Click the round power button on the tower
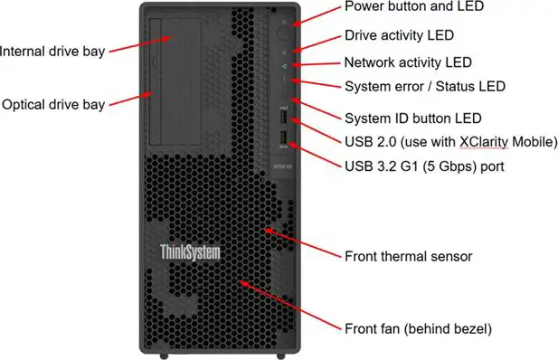click(x=283, y=33)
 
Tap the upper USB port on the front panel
click(x=283, y=117)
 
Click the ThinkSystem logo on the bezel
click(x=190, y=252)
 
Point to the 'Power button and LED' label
click(x=414, y=6)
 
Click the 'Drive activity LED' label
click(x=400, y=35)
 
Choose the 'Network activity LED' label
click(x=408, y=62)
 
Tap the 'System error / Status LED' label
click(x=425, y=87)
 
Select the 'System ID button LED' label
click(x=413, y=118)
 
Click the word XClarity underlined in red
click(x=484, y=142)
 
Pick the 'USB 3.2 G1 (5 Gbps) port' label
click(x=424, y=166)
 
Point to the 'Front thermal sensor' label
click(x=409, y=256)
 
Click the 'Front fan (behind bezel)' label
click(x=418, y=328)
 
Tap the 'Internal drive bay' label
click(x=52, y=52)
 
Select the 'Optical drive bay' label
click(x=53, y=105)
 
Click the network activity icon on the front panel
click(x=284, y=66)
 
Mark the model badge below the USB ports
click(x=283, y=166)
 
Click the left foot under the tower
click(x=164, y=355)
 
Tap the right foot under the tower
click(x=280, y=355)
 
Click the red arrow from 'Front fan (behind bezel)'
click(x=290, y=305)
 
